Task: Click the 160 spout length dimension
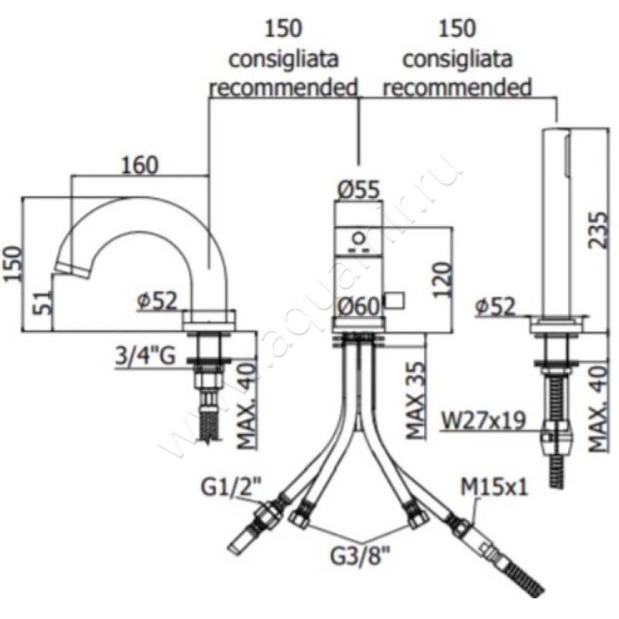(x=140, y=165)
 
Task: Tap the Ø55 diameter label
(x=358, y=188)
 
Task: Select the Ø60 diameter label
(x=358, y=306)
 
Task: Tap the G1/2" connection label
(x=229, y=487)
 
